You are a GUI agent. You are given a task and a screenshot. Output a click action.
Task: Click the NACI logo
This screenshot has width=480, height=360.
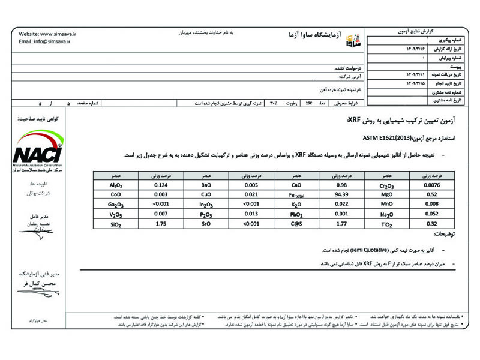[x=38, y=152]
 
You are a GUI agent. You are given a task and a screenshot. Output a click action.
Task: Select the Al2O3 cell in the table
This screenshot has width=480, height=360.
[x=116, y=185]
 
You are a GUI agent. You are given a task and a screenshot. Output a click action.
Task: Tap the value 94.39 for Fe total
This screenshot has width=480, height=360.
[x=341, y=195]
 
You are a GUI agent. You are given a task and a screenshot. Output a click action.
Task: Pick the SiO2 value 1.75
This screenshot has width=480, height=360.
[x=160, y=224]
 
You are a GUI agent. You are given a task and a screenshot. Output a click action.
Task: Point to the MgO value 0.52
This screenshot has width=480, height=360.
[x=431, y=195]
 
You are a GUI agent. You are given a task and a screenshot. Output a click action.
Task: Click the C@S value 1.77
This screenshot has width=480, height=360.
[x=341, y=224]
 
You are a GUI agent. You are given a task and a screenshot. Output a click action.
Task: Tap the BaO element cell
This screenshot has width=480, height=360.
[x=205, y=185]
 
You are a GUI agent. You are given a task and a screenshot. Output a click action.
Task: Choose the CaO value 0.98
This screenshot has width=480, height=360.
[x=341, y=185]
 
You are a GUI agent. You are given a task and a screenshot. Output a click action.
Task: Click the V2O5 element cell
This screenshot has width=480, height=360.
[x=116, y=214]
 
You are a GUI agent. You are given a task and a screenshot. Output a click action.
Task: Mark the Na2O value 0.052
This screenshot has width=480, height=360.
[x=431, y=214]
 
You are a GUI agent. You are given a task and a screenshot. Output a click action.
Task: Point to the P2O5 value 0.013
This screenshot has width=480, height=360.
[x=251, y=214]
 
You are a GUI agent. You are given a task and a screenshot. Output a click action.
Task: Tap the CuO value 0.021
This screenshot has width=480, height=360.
[x=251, y=195]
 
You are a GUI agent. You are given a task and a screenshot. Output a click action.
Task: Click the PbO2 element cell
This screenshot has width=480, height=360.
[x=296, y=215]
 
